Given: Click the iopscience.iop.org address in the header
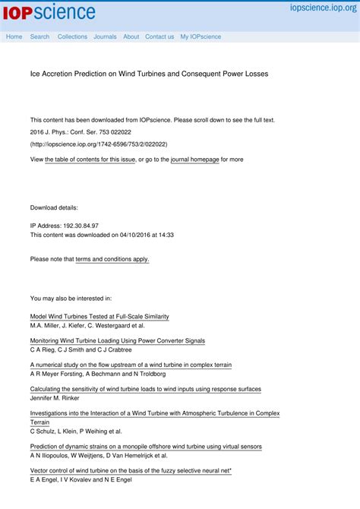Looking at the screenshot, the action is tap(323, 7).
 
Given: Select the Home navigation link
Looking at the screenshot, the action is tap(14, 36).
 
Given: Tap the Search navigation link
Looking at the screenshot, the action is tap(39, 36).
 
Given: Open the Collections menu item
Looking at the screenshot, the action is tap(72, 36).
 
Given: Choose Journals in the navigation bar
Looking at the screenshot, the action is tap(105, 36).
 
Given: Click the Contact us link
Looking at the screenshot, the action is tap(159, 36).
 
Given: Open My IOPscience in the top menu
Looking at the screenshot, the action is tap(201, 36).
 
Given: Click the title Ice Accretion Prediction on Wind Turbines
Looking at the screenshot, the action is tap(149, 74).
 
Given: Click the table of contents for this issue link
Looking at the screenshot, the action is tap(90, 160).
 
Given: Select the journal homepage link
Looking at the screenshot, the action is tap(194, 160).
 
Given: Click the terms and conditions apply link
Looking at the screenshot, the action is tap(112, 259).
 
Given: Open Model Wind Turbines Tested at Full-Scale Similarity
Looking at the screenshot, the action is tap(99, 316).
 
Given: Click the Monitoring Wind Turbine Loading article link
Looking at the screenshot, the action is tap(117, 341).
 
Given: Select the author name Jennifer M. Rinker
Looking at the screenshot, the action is tap(55, 398).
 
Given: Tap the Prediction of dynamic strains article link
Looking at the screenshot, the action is tap(146, 447).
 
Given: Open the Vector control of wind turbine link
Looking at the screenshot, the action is tap(131, 471).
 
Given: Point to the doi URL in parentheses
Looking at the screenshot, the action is tap(99, 144).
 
